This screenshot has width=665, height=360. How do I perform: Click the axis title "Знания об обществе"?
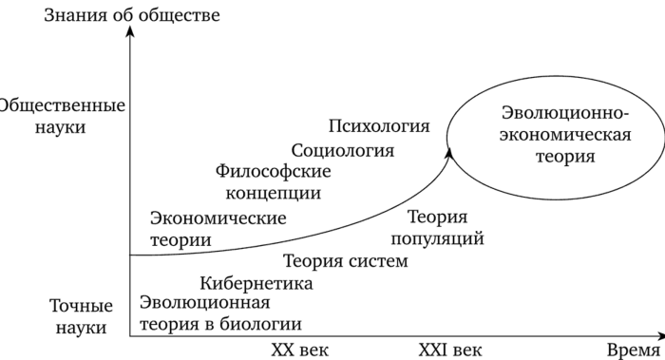click(132, 15)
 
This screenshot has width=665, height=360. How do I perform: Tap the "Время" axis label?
click(634, 351)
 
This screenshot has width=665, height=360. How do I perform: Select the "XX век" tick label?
click(300, 351)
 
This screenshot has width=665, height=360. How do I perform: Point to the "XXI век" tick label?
click(450, 351)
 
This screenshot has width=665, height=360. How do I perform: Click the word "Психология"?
click(379, 126)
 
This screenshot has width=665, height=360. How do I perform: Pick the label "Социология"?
click(343, 150)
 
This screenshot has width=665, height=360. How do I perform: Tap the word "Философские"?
click(274, 171)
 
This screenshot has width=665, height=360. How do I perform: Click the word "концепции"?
click(274, 194)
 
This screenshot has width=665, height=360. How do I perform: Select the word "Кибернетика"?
click(256, 283)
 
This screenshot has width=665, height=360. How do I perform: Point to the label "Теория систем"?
click(346, 261)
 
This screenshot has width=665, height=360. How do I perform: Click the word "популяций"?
click(437, 238)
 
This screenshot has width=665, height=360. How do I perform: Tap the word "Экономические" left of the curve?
click(218, 218)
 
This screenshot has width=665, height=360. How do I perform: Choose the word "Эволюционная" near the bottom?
click(205, 303)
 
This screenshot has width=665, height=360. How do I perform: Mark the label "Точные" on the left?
click(82, 306)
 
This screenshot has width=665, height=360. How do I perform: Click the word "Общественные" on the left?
click(62, 105)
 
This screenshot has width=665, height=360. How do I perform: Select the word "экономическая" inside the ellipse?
click(565, 135)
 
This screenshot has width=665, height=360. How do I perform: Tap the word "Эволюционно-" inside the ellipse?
click(565, 113)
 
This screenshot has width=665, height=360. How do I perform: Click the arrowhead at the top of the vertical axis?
click(130, 29)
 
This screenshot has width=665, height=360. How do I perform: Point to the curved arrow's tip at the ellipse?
click(448, 149)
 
